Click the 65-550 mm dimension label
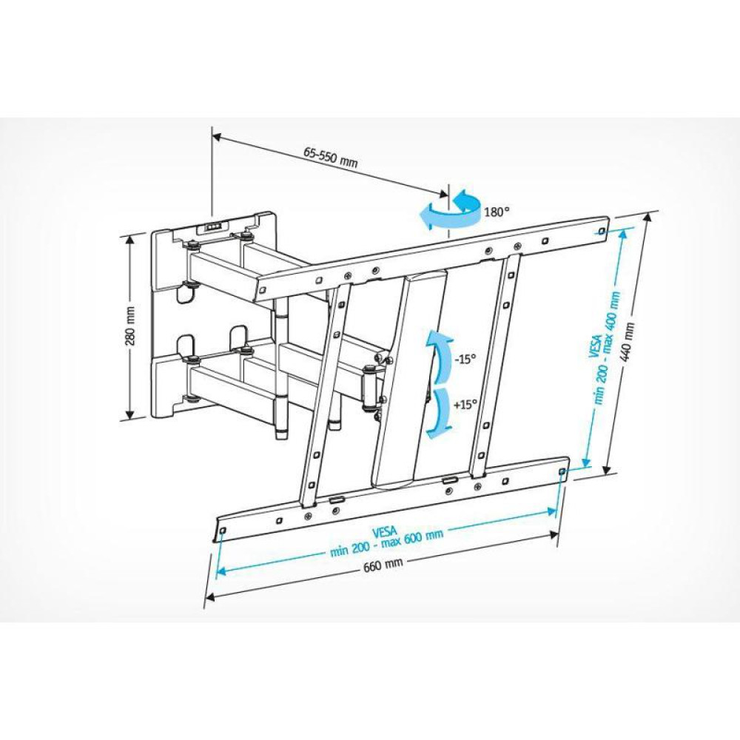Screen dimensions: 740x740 point(330,157)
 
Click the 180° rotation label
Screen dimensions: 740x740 point(497,212)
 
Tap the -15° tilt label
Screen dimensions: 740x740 point(464,359)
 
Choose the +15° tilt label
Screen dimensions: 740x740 point(465,405)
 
